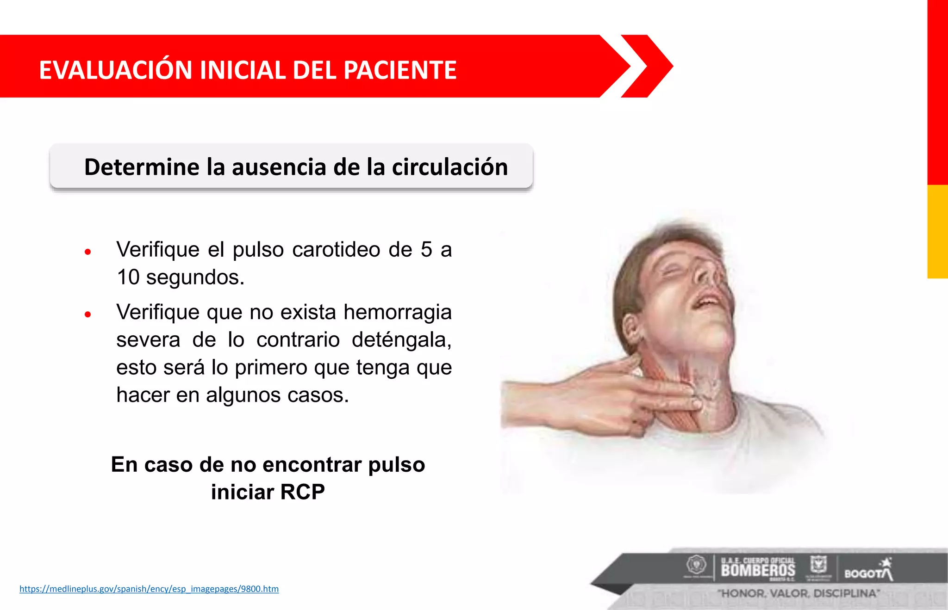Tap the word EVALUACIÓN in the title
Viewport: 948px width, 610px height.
[115, 70]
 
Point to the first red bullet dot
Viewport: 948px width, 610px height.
[88, 252]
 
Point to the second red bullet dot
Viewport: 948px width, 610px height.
[88, 314]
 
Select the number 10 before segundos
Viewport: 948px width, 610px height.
[128, 277]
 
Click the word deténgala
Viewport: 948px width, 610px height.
[401, 340]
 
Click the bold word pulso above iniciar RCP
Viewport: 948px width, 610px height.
[396, 465]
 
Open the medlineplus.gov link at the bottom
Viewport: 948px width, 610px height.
[149, 589]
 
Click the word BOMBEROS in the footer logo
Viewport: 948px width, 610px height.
[758, 570]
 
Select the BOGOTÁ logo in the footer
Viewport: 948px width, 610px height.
[868, 571]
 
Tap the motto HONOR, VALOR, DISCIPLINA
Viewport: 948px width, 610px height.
[798, 593]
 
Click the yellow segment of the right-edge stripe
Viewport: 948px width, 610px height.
[937, 231]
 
